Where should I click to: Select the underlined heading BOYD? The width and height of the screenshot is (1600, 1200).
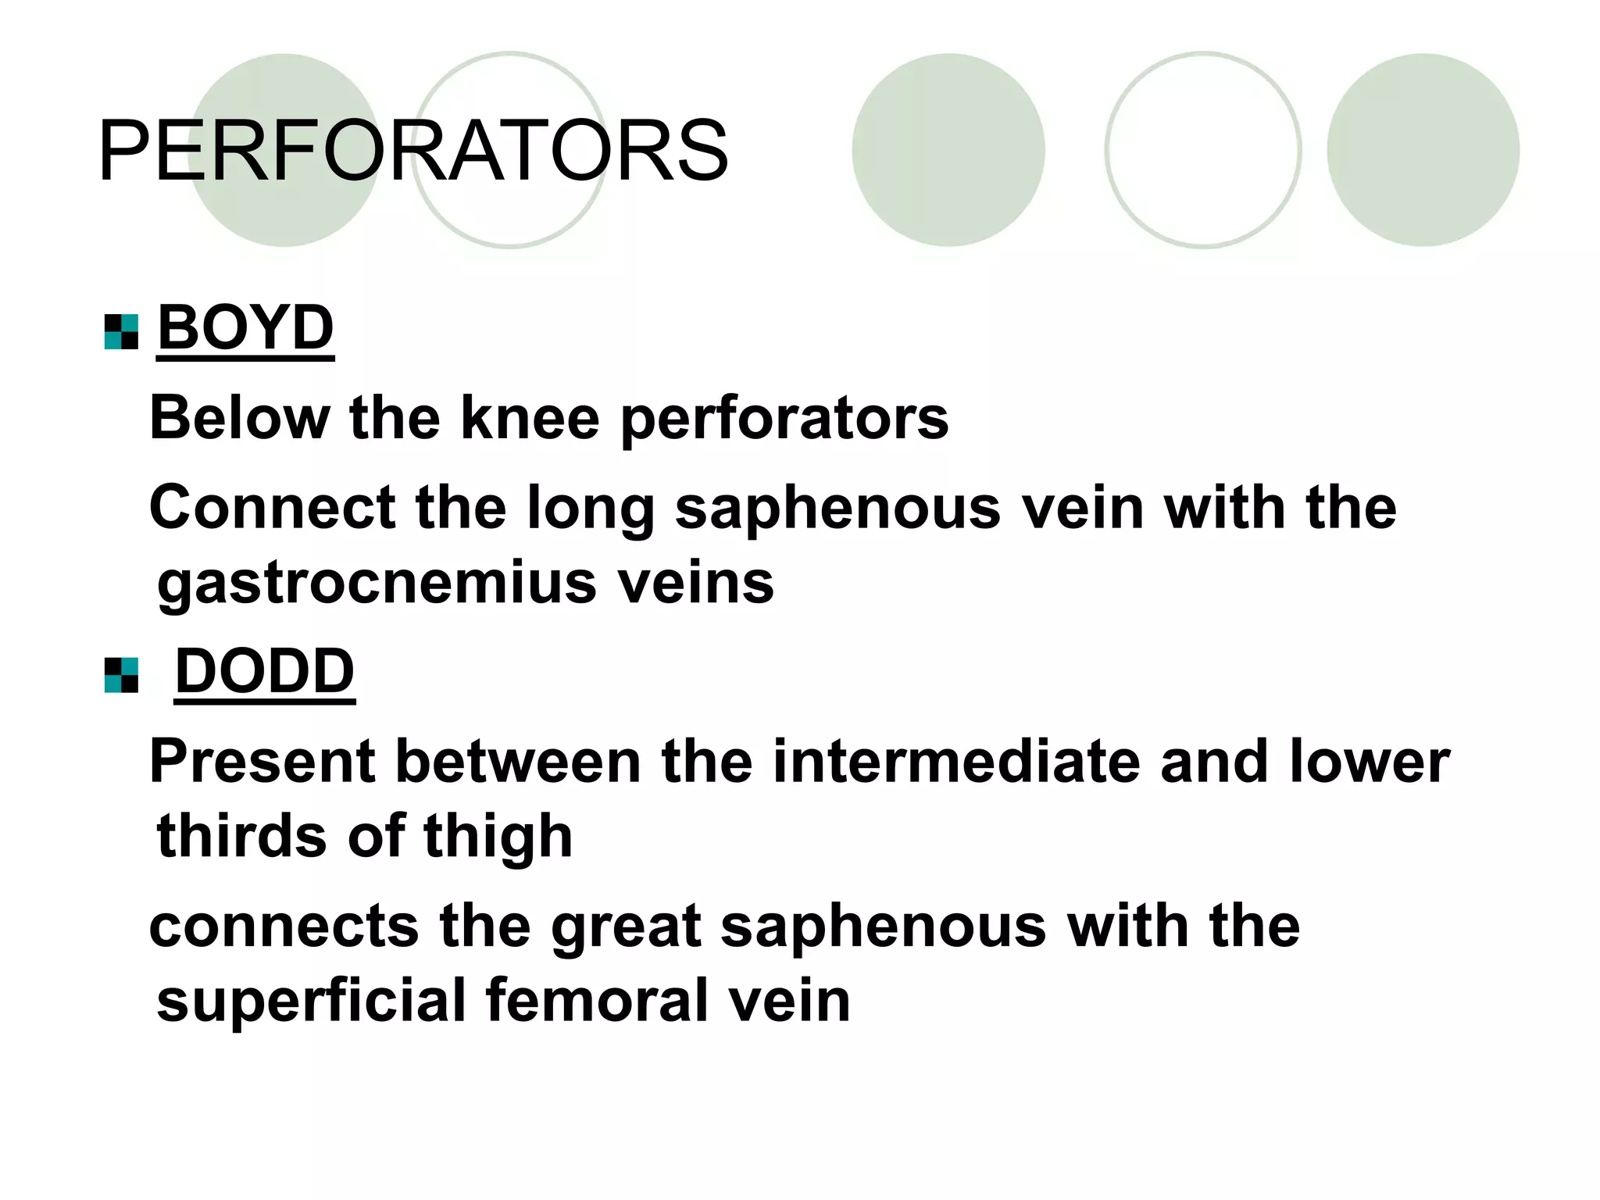[245, 328]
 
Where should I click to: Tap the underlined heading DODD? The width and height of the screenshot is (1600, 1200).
[264, 671]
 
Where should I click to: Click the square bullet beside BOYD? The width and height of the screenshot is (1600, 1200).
[121, 332]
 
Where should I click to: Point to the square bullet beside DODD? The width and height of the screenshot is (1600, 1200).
[121, 675]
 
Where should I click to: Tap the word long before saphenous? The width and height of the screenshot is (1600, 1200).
[590, 508]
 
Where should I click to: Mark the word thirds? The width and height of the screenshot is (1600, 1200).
[241, 836]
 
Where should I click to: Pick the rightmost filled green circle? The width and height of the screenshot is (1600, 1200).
[1423, 150]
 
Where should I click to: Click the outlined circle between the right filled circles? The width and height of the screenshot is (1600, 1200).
[1202, 150]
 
